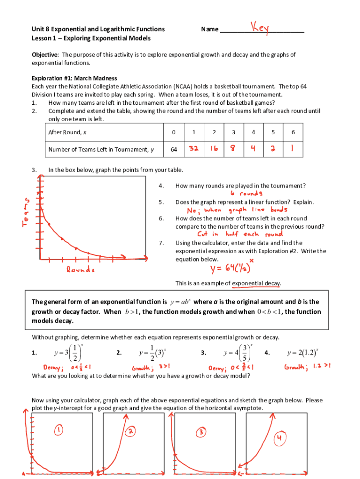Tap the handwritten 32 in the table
click(x=194, y=149)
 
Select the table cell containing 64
click(x=173, y=149)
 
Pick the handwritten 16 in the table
click(x=213, y=149)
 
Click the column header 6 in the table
click(x=293, y=132)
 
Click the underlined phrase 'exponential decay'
click(x=257, y=283)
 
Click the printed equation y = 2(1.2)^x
click(x=303, y=352)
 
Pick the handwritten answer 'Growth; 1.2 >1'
click(x=307, y=367)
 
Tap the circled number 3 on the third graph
click(x=200, y=433)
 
